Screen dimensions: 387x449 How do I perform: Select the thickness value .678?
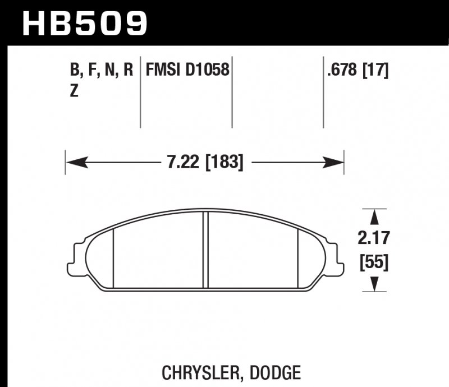point(342,70)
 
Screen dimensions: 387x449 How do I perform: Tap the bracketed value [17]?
point(376,70)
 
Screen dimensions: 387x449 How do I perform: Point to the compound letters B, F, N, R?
point(101,70)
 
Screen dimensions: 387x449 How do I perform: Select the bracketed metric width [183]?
point(224,163)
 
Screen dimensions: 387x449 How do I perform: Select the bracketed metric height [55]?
point(374,261)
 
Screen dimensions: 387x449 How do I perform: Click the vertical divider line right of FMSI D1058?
point(232,93)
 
